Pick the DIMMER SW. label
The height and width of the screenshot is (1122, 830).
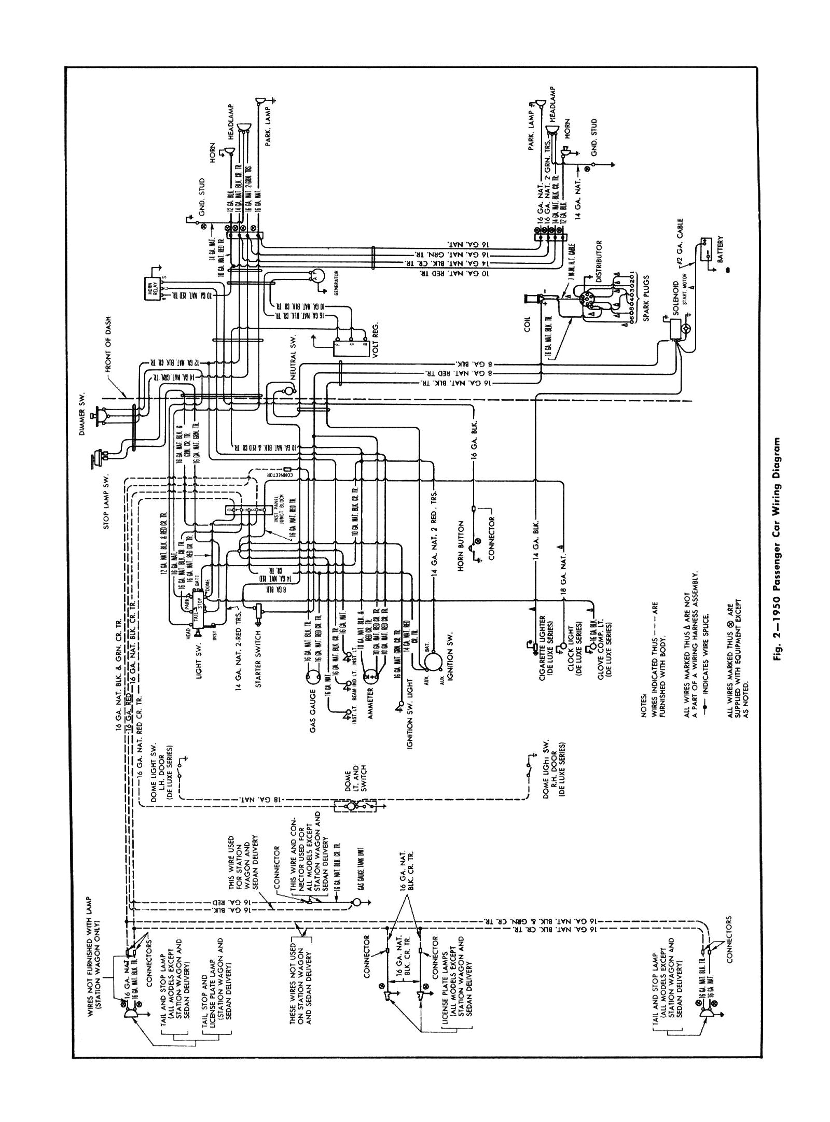click(x=83, y=408)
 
